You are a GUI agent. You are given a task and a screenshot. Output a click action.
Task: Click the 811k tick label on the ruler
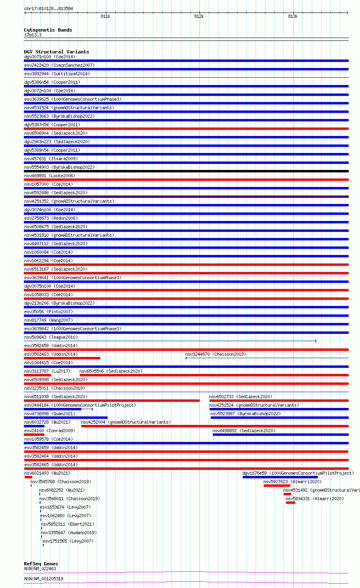(106, 17)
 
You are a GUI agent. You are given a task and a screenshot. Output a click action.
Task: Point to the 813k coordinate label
(293, 17)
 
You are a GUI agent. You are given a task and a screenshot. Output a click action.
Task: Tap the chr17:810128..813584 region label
(49, 8)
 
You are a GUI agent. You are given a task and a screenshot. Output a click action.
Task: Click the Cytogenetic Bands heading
(48, 30)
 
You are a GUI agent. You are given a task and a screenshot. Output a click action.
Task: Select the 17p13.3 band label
(33, 35)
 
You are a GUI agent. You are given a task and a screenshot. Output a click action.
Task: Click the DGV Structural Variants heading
(56, 52)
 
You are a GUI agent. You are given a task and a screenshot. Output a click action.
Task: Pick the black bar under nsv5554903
(186, 171)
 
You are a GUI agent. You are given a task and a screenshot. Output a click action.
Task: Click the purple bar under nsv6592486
(186, 197)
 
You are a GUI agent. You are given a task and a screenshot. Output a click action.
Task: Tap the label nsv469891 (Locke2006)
(50, 176)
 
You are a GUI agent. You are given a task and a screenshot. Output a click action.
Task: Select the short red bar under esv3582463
(62, 358)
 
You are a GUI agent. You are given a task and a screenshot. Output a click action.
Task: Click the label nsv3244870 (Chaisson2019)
(216, 354)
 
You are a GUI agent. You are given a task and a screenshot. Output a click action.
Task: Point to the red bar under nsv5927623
(277, 486)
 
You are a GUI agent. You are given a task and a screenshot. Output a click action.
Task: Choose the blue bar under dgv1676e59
(280, 477)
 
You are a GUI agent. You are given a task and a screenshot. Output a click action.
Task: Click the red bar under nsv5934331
(290, 503)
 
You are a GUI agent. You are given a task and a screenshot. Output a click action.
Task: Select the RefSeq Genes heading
(41, 564)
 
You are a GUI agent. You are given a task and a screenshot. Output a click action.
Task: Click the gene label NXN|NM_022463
(40, 569)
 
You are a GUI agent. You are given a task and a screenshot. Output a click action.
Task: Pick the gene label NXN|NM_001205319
(44, 579)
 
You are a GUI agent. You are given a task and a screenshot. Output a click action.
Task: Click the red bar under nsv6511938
(112, 401)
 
